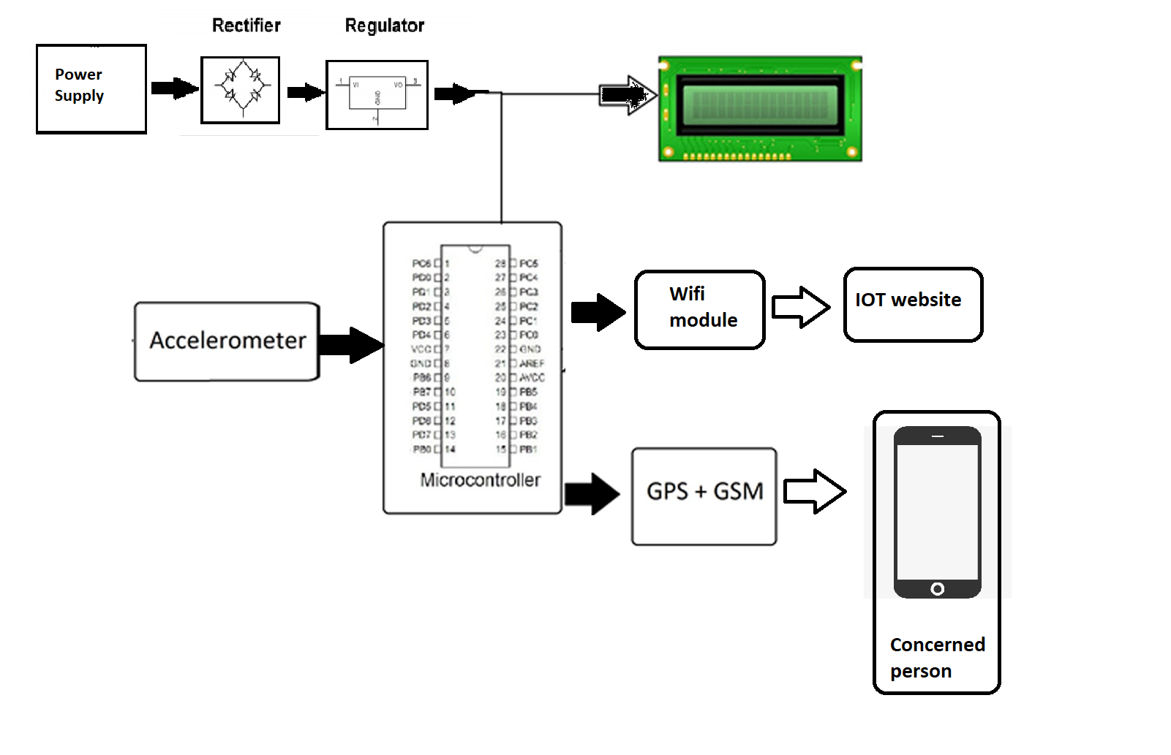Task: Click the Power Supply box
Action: click(91, 88)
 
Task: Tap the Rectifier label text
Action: click(246, 26)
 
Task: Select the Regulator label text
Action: click(384, 26)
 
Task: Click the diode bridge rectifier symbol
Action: click(241, 90)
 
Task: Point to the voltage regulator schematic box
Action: click(377, 95)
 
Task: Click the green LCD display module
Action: click(760, 108)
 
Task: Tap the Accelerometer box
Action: click(227, 341)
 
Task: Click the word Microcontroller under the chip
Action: click(480, 480)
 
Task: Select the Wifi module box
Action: click(699, 309)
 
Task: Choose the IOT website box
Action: click(912, 304)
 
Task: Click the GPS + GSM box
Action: click(704, 496)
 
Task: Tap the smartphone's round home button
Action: click(937, 588)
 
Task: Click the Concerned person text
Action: click(936, 658)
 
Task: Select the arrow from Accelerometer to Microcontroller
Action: click(351, 345)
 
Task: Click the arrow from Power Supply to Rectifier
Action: click(174, 88)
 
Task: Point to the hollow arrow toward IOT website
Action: click(801, 307)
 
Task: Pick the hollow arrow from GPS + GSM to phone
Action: click(814, 491)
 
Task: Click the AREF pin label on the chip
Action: click(532, 363)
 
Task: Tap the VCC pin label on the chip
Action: click(421, 349)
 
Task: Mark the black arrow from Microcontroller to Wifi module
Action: click(598, 312)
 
